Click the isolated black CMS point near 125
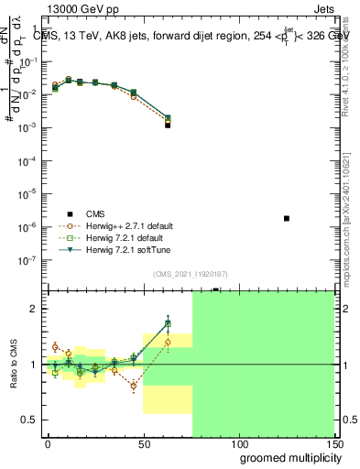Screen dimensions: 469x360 [x=287, y=218]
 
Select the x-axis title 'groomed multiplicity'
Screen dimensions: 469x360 [x=286, y=457]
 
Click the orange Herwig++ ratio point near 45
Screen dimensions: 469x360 [x=134, y=386]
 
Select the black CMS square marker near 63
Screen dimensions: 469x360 [x=168, y=125]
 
